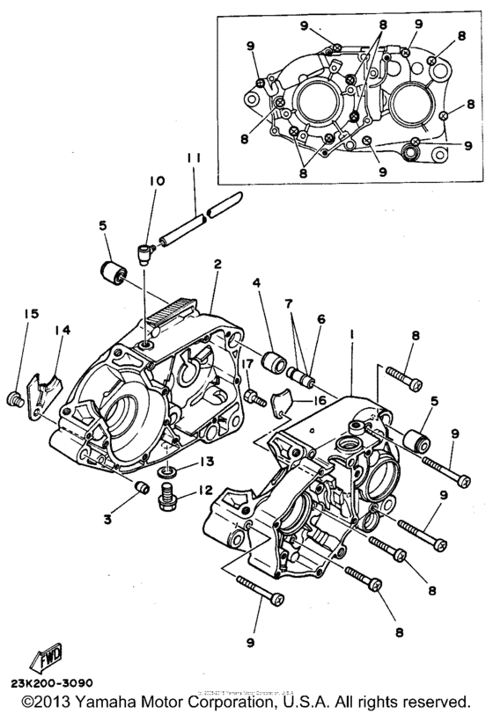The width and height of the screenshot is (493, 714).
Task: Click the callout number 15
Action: click(x=32, y=314)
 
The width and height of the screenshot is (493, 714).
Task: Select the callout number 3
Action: click(x=107, y=520)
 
